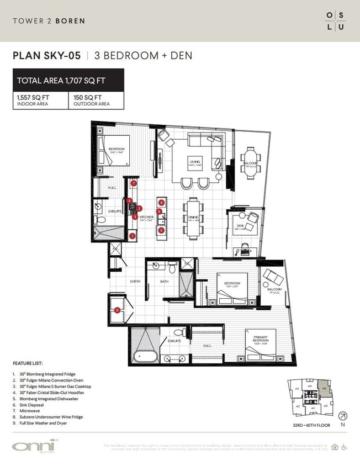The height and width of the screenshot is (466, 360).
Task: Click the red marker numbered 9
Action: [x=117, y=310]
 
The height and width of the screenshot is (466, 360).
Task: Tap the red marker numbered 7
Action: [x=134, y=183]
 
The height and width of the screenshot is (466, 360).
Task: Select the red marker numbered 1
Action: [x=133, y=236]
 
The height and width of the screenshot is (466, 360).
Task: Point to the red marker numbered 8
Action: [x=161, y=203]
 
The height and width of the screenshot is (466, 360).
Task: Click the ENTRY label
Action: [x=135, y=281]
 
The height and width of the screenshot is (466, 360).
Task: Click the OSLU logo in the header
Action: [x=335, y=20]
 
